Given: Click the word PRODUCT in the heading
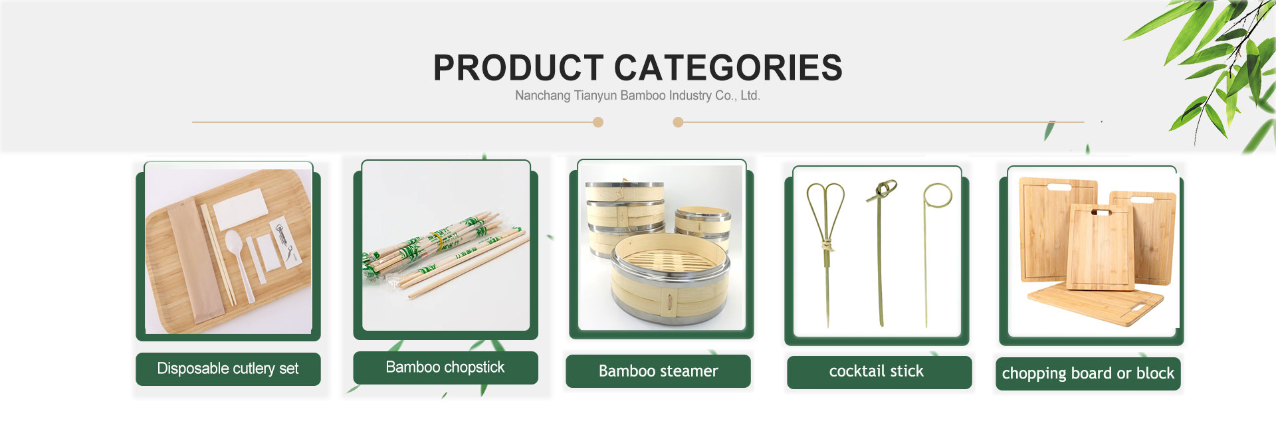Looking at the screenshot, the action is click(518, 68).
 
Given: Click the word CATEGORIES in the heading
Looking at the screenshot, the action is click(728, 68).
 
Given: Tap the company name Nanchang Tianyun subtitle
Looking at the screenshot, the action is click(637, 96).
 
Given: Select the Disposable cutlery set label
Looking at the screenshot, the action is click(228, 369).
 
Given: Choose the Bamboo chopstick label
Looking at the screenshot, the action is click(445, 367).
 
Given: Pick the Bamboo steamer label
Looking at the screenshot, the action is click(658, 371).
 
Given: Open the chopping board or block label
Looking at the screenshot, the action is click(1088, 373).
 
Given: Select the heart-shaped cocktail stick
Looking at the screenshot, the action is click(826, 252).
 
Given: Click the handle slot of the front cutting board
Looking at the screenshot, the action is click(1101, 213).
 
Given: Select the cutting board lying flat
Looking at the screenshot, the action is click(1095, 302).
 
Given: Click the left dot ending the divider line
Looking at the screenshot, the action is click(598, 122).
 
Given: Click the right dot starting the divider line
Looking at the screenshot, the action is click(678, 122).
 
